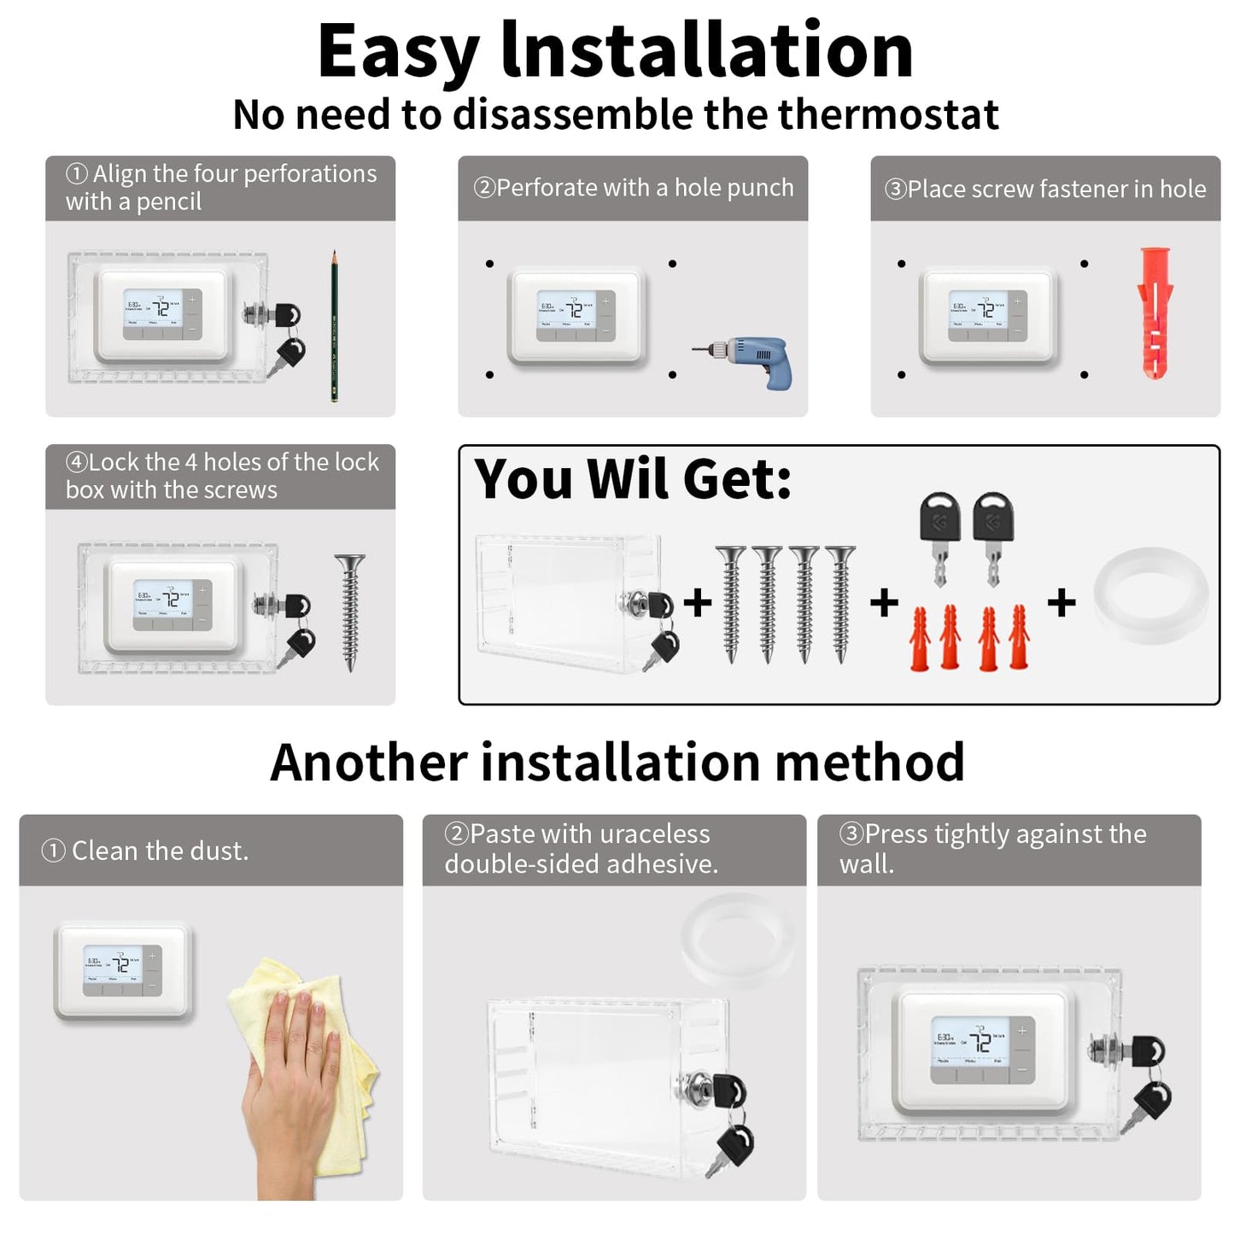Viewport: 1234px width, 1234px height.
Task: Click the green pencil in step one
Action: pos(334,326)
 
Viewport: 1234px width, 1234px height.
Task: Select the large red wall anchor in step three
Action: pos(1155,313)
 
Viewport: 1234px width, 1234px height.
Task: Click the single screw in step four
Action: pos(350,611)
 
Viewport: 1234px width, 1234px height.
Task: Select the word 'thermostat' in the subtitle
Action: pos(888,114)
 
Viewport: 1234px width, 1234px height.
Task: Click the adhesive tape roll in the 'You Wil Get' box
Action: pos(1150,594)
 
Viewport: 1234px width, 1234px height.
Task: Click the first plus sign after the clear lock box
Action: pos(698,602)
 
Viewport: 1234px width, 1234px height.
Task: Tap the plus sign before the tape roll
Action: pos(1061,603)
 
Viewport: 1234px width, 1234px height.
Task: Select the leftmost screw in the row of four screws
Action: pos(731,604)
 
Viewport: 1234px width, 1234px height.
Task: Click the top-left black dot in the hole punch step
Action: pos(489,264)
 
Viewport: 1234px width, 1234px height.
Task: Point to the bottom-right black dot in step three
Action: pos(1084,375)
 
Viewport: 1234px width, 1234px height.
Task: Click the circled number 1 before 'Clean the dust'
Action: pos(53,851)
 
